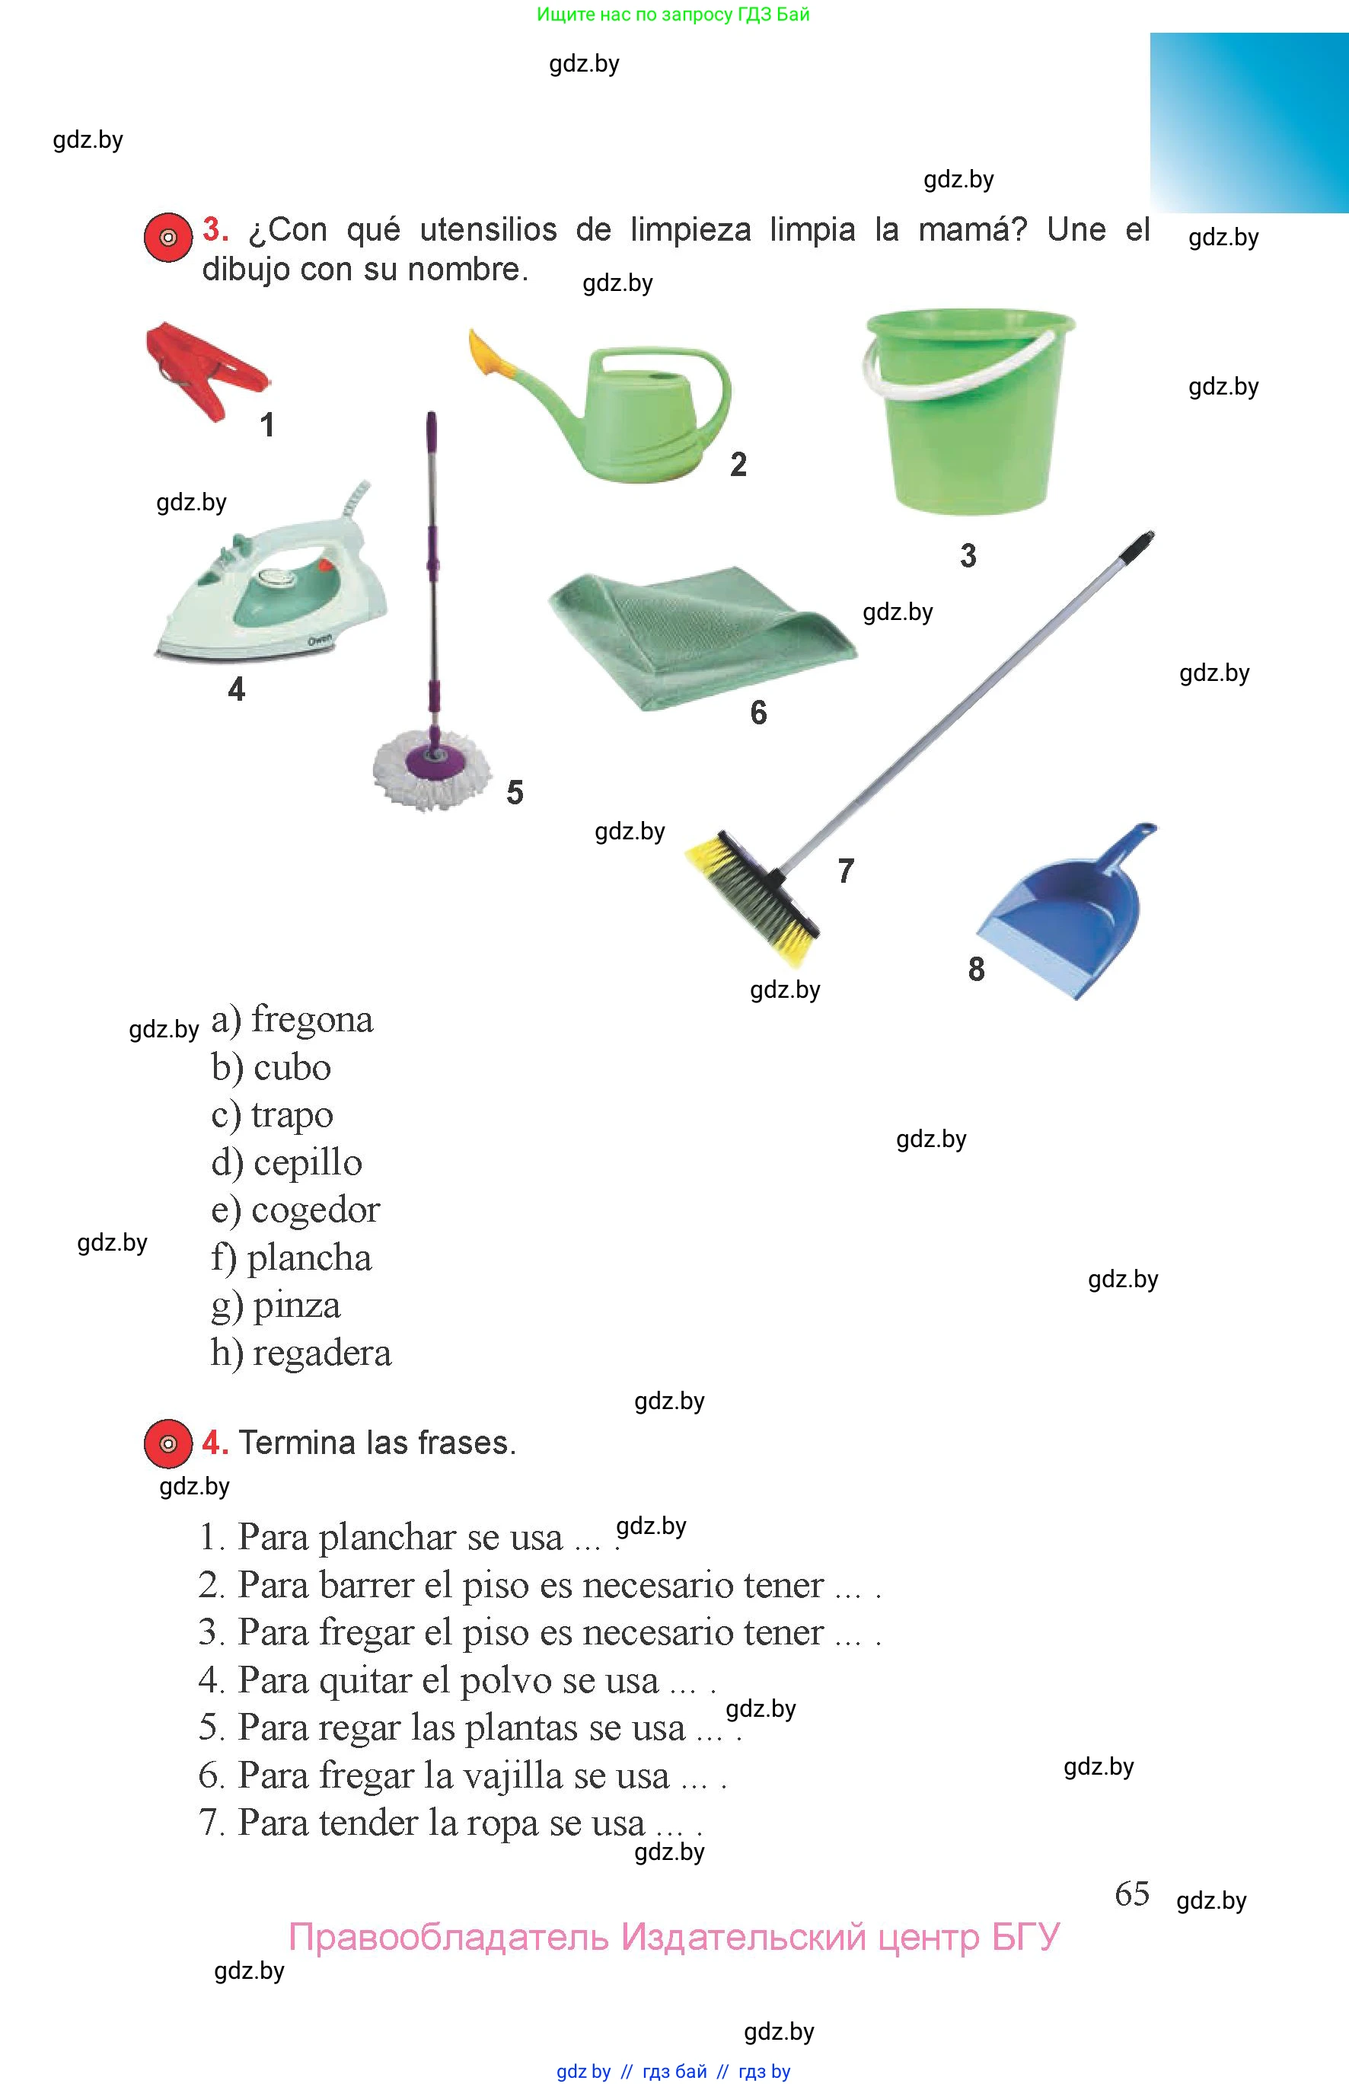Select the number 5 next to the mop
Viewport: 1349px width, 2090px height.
pyautogui.click(x=515, y=792)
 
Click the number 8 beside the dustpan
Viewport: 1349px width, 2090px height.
pyautogui.click(x=976, y=969)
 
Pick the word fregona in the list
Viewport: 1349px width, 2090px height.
pyautogui.click(x=312, y=1020)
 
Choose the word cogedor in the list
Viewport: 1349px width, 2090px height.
pyautogui.click(x=315, y=1211)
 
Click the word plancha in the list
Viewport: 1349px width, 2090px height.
pyautogui.click(x=309, y=1258)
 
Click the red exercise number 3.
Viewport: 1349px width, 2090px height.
pyautogui.click(x=215, y=229)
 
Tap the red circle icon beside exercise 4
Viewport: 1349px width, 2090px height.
pyautogui.click(x=168, y=1443)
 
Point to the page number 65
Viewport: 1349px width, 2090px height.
pyautogui.click(x=1132, y=1893)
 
